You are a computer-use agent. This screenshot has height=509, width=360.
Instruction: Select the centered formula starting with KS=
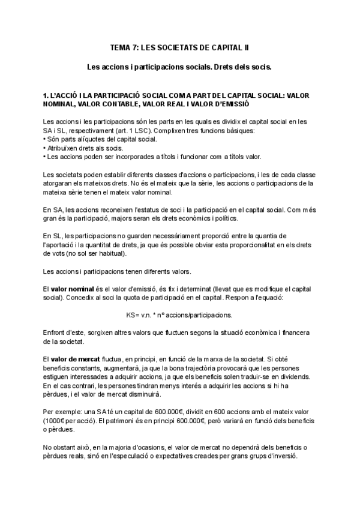point(179,315)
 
